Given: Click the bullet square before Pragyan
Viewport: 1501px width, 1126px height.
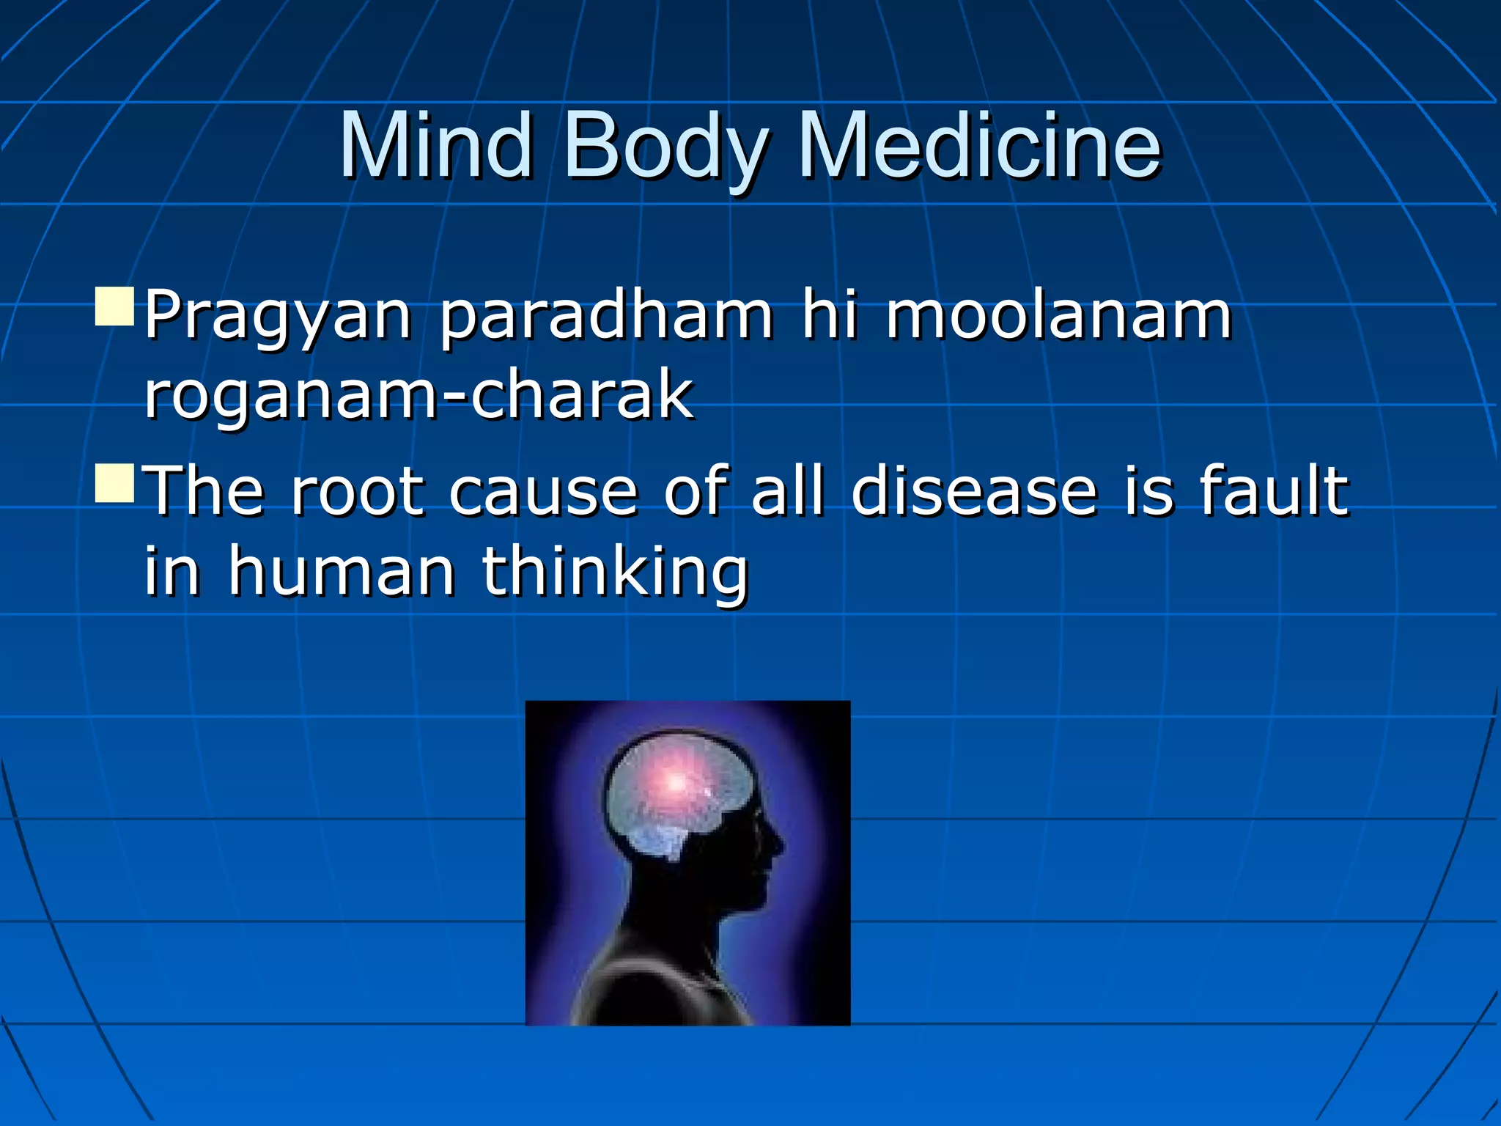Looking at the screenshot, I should tap(115, 306).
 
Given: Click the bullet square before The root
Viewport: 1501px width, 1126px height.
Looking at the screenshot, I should tap(115, 482).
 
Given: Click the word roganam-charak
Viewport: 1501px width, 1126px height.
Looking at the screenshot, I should tap(418, 397).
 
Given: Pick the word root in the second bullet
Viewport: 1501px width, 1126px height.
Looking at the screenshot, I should tap(357, 491).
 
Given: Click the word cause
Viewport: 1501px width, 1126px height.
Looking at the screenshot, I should tap(542, 491).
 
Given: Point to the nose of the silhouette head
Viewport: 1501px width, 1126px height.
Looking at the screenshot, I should tap(778, 847).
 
